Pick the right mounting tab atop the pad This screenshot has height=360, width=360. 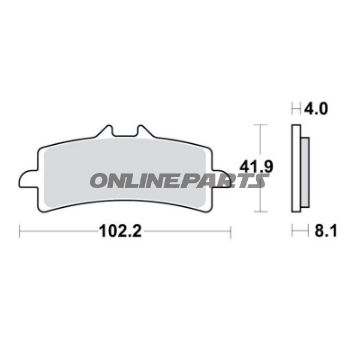click(x=148, y=134)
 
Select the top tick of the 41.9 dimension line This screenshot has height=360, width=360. click(x=262, y=125)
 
